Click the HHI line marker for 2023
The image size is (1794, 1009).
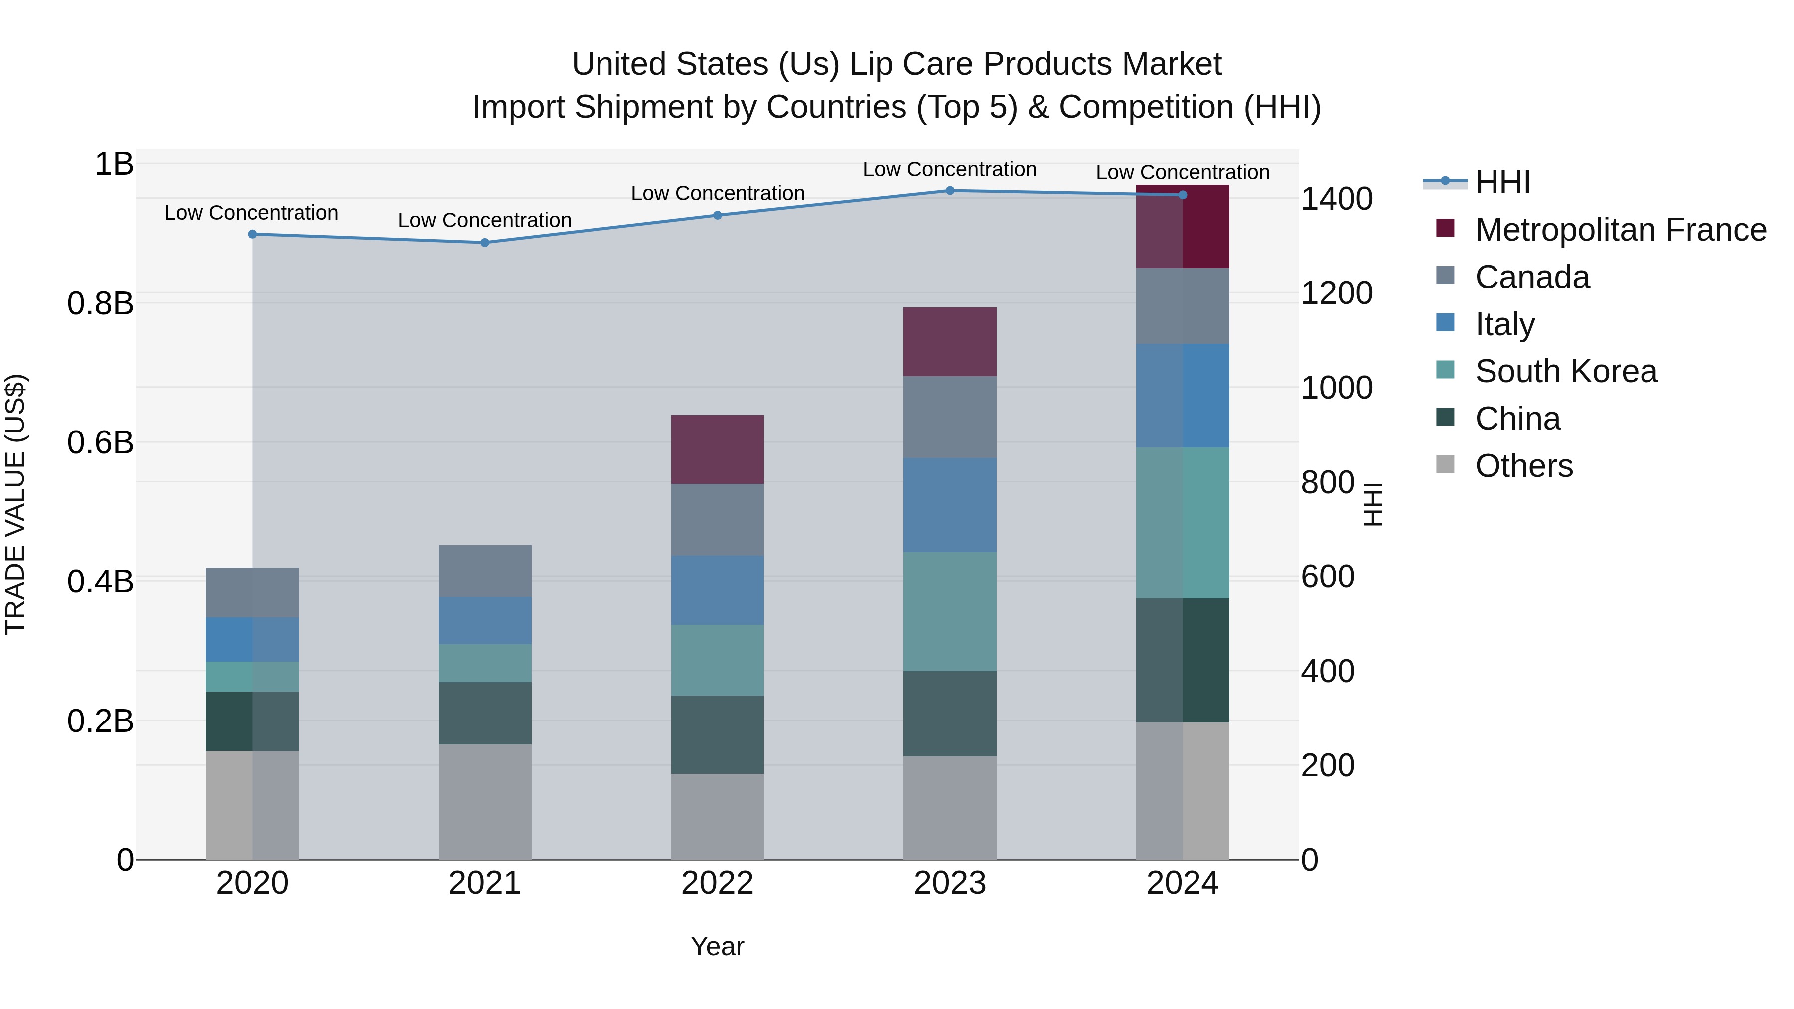950,191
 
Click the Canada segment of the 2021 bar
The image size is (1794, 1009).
485,571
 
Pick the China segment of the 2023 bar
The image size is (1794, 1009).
950,714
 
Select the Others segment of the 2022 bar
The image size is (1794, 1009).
717,816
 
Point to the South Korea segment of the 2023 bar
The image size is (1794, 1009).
950,611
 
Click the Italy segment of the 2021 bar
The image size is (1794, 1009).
485,620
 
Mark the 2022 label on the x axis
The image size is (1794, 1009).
717,883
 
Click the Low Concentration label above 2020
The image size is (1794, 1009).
252,213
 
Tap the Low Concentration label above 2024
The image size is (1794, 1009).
1183,173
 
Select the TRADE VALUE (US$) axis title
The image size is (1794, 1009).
15,504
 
